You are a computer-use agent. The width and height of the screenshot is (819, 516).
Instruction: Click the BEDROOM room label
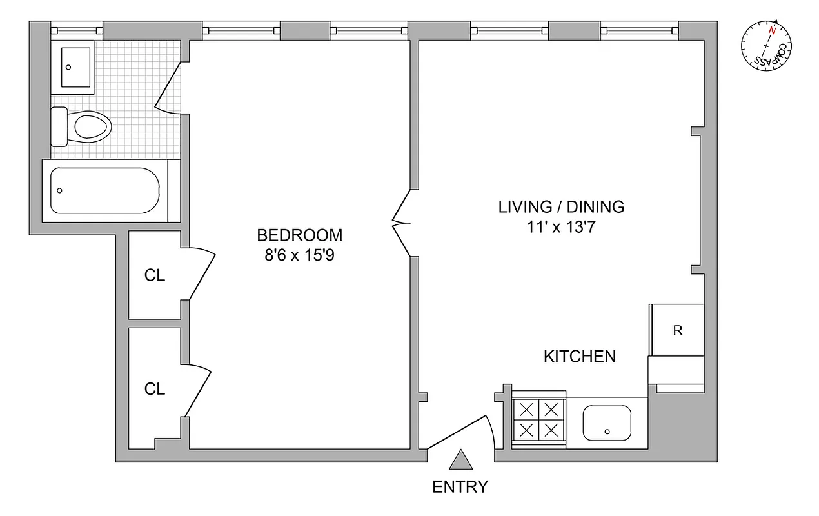[x=299, y=235]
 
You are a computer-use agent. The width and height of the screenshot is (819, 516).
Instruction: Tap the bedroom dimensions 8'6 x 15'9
[x=299, y=255]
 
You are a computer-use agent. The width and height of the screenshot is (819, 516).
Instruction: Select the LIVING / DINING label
[x=561, y=207]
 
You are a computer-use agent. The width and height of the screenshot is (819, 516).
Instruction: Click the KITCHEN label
[x=580, y=356]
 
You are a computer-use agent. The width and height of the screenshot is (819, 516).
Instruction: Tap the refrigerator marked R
[x=677, y=331]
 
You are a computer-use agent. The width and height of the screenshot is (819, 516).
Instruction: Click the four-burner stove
[x=538, y=420]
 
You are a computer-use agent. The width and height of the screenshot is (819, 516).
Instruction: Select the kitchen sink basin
[x=607, y=422]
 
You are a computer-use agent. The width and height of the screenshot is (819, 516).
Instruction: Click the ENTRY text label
[x=460, y=487]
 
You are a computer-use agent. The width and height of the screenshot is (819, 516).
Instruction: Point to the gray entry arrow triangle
[x=460, y=461]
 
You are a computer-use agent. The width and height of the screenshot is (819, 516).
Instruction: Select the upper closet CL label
[x=155, y=275]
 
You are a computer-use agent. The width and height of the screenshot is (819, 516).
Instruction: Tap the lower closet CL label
[x=155, y=389]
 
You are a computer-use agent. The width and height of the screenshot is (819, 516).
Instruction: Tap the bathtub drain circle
[x=60, y=191]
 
